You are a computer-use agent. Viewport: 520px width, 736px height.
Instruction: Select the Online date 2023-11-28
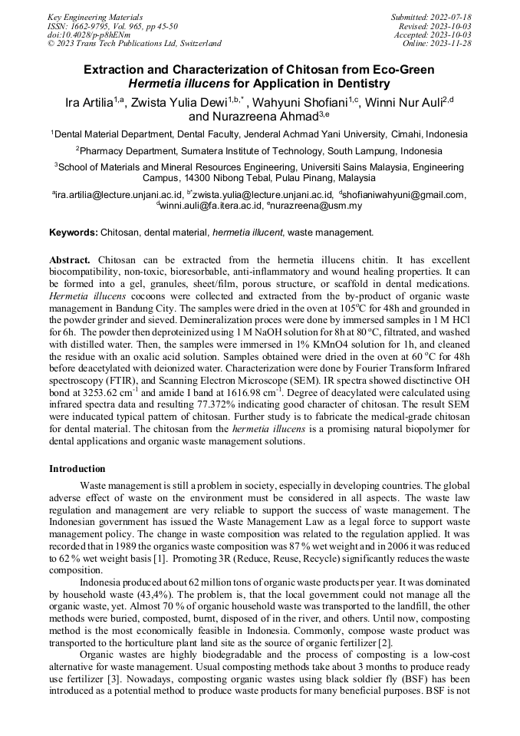tap(453, 44)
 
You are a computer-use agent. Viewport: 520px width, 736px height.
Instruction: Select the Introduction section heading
tap(77, 469)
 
